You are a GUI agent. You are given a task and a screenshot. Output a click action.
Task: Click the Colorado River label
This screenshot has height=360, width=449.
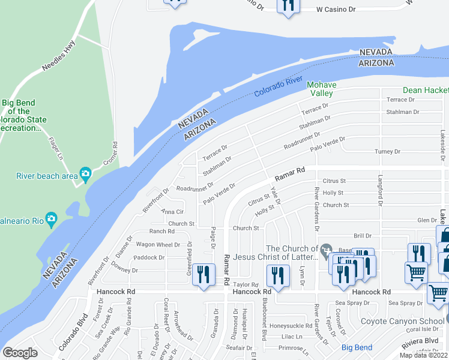click(278, 87)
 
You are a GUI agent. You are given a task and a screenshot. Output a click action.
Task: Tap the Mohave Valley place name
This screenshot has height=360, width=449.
click(320, 89)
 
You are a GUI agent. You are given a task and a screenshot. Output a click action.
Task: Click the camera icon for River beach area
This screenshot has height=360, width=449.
click(86, 174)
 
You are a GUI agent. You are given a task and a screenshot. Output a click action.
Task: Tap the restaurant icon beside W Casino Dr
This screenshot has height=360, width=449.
click(288, 6)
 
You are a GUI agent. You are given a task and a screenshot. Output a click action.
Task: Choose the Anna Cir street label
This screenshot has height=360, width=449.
click(172, 212)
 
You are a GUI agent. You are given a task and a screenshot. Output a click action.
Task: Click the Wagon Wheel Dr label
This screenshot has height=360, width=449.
click(158, 245)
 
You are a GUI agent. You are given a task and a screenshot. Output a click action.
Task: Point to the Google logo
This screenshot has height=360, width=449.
click(20, 353)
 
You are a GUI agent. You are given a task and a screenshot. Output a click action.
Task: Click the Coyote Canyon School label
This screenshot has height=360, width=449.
click(402, 321)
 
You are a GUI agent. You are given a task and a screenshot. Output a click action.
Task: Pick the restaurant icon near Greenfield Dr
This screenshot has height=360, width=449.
click(203, 275)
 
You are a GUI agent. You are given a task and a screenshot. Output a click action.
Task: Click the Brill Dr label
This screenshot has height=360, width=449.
click(363, 236)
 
